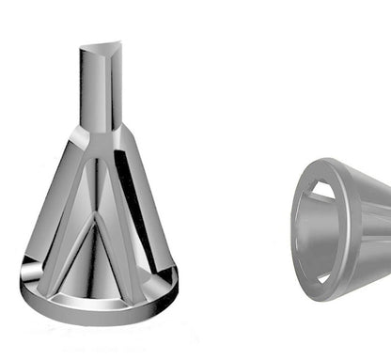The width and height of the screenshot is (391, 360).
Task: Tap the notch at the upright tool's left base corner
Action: click(30, 274)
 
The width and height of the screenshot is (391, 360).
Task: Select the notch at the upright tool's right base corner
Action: click(170, 274)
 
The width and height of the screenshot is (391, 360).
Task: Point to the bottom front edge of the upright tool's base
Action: click(99, 315)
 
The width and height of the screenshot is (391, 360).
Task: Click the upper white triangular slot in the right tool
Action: click(321, 192)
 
